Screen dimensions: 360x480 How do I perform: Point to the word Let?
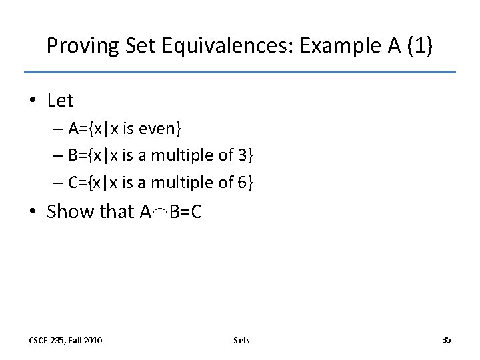pyautogui.click(x=61, y=101)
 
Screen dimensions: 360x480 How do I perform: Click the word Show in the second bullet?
pyautogui.click(x=71, y=212)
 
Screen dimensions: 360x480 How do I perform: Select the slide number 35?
pyautogui.click(x=446, y=339)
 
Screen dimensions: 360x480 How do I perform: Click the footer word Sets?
pyautogui.click(x=242, y=340)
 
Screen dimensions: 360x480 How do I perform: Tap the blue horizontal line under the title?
pyautogui.click(x=240, y=72)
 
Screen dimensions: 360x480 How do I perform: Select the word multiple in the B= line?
pyautogui.click(x=177, y=155)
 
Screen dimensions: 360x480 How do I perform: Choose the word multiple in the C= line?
pyautogui.click(x=177, y=181)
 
